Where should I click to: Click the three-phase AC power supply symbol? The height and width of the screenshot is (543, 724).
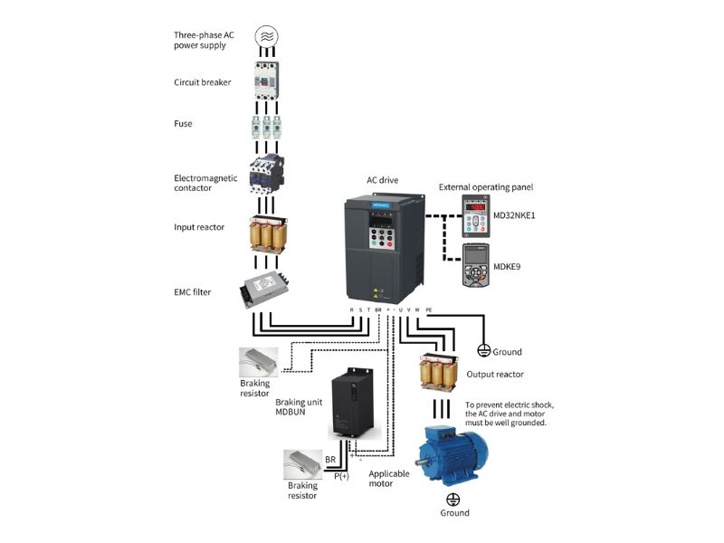click(x=267, y=36)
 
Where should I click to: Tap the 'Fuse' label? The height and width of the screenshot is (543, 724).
click(x=183, y=123)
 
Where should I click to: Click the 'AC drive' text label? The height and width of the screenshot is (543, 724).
click(x=382, y=180)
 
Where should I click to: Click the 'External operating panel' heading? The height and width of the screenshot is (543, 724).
click(x=486, y=186)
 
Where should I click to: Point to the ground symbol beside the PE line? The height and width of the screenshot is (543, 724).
click(x=483, y=350)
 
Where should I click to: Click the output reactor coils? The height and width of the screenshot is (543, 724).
click(x=436, y=373)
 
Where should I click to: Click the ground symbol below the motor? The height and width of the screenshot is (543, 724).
click(x=453, y=499)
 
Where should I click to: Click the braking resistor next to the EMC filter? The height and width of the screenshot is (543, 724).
click(x=262, y=362)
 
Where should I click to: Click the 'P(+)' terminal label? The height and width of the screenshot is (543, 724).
click(x=341, y=475)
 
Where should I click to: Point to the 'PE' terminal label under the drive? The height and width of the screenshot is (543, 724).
click(x=428, y=310)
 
